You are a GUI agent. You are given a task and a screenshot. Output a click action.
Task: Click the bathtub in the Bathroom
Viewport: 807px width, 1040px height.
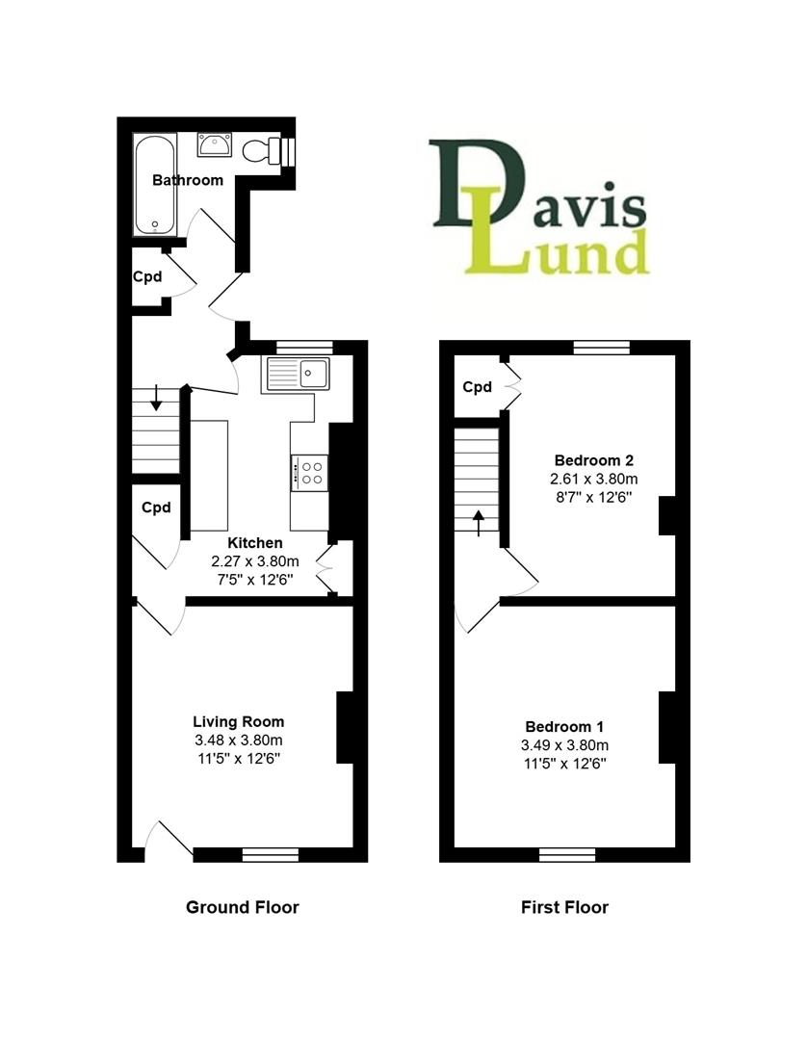[x=154, y=185]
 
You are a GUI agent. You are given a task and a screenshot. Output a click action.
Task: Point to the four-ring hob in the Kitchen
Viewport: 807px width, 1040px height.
[x=310, y=472]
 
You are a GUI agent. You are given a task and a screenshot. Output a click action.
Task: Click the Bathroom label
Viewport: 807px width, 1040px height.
[x=189, y=180]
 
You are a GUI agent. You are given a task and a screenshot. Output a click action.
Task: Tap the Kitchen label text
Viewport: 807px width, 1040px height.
[x=255, y=543]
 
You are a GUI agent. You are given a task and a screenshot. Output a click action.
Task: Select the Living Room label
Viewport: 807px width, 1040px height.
[x=239, y=721]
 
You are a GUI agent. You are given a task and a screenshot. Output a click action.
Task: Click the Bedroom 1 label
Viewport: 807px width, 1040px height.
[x=565, y=726]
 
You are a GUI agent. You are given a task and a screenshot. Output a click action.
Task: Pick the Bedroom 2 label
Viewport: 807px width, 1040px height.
[x=593, y=459]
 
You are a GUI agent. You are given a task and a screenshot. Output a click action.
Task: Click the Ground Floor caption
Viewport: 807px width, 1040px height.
[x=242, y=907]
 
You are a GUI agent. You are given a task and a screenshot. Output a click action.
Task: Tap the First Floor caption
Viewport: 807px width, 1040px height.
[x=564, y=907]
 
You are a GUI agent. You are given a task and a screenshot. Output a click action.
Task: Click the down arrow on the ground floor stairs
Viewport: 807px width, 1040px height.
[x=156, y=400]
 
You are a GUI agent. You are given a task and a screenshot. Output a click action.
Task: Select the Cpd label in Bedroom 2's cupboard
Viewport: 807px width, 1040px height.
[x=478, y=387]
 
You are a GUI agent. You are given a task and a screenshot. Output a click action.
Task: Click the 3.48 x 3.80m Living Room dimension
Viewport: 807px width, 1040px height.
[x=239, y=741]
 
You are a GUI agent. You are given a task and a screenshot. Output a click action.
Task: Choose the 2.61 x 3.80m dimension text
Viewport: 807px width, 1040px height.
[x=593, y=479]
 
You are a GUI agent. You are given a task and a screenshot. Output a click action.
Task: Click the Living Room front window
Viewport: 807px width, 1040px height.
[x=271, y=853]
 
